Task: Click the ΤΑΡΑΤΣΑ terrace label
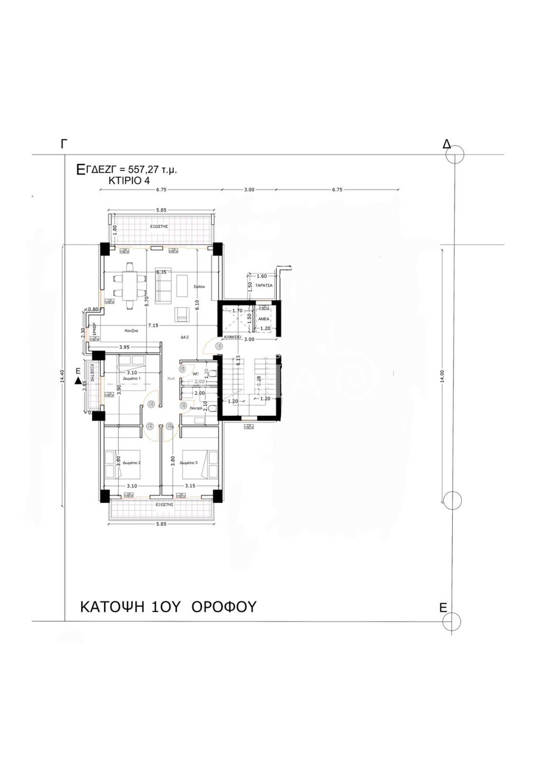pyautogui.click(x=264, y=285)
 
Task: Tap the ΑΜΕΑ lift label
pyautogui.click(x=264, y=319)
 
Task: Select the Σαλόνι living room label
pyautogui.click(x=200, y=287)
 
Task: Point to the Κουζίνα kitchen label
pyautogui.click(x=131, y=331)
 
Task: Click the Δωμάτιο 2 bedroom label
pyautogui.click(x=131, y=463)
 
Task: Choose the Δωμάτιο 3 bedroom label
pyautogui.click(x=188, y=463)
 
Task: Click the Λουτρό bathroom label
pyautogui.click(x=196, y=408)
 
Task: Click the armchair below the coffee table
pyautogui.click(x=181, y=314)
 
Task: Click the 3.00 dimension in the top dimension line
pyautogui.click(x=249, y=190)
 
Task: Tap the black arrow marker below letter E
pyautogui.click(x=78, y=381)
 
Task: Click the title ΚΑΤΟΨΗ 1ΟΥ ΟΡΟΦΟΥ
pyautogui.click(x=168, y=607)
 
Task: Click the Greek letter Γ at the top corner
pyautogui.click(x=64, y=144)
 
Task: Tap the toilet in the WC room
pyautogui.click(x=213, y=374)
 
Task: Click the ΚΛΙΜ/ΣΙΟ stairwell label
pyautogui.click(x=232, y=337)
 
